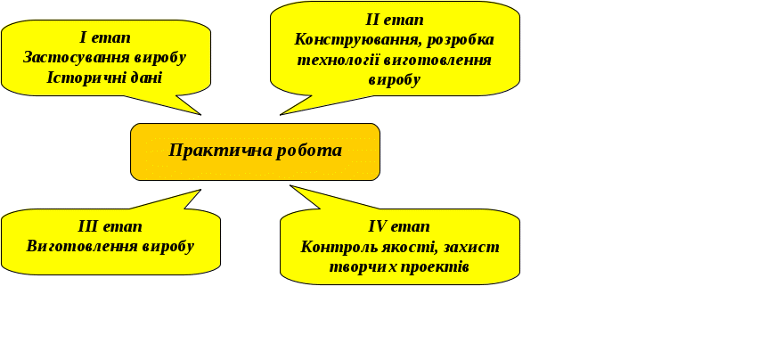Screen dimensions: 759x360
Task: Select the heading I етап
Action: coord(105,37)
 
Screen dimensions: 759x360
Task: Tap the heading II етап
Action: coord(394,20)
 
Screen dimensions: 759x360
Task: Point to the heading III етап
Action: coord(110,226)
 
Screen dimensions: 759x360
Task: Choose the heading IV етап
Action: coord(399,226)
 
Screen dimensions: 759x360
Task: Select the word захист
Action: coord(469,247)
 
